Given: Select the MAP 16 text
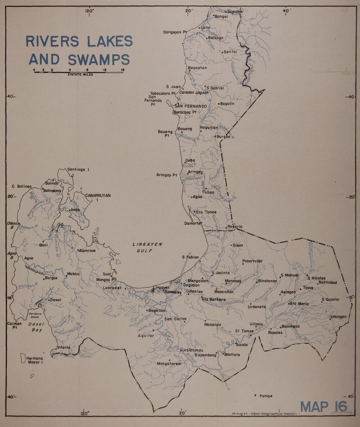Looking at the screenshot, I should (x=324, y=406).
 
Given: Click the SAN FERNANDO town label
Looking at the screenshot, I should (x=190, y=107).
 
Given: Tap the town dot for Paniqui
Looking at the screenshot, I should (x=255, y=395).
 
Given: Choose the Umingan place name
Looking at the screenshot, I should (x=338, y=317).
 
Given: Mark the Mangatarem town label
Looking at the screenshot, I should (x=168, y=364).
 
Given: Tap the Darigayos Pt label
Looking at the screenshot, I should (x=175, y=32).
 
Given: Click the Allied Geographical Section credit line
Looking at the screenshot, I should (x=265, y=414).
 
